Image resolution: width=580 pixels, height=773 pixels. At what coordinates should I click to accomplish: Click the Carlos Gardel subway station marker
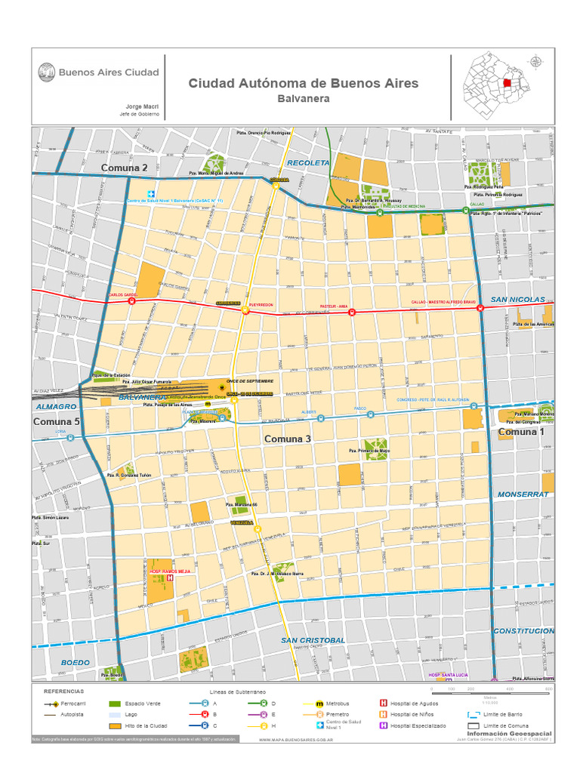coord(131,300)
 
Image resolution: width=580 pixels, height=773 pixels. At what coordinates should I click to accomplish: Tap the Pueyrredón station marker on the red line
coord(245,309)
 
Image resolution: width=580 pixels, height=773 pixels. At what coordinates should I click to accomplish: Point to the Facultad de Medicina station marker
coord(380,213)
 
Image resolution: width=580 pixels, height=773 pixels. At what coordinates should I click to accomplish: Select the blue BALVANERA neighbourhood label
coord(142,397)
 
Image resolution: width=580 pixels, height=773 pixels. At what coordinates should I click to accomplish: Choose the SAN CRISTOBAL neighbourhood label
coord(313,640)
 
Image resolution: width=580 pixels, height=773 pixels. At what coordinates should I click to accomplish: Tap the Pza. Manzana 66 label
coord(242,504)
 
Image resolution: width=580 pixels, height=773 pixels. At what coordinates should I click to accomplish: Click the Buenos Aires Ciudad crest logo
coord(46,72)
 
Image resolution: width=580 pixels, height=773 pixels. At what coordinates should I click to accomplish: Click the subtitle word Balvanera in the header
coord(303,99)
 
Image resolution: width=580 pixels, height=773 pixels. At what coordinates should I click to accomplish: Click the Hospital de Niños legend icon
coord(383,714)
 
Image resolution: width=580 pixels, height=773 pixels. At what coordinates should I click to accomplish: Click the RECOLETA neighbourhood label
coord(308,163)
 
